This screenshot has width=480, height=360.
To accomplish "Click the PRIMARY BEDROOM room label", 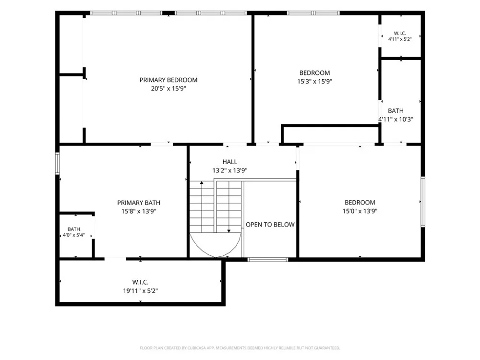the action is pyautogui.click(x=168, y=80).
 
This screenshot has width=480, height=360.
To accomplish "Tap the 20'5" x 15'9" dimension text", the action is pyautogui.click(x=168, y=88).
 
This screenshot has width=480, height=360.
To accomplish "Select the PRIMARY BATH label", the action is pyautogui.click(x=139, y=203).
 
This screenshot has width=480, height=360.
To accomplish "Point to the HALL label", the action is pyautogui.click(x=229, y=162).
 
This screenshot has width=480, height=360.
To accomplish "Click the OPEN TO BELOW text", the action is pyautogui.click(x=270, y=225).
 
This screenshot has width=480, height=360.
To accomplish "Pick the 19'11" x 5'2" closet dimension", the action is pyautogui.click(x=140, y=290).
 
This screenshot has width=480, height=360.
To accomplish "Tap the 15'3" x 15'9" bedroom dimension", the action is pyautogui.click(x=315, y=81).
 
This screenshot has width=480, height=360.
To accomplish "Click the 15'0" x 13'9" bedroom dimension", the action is pyautogui.click(x=360, y=211).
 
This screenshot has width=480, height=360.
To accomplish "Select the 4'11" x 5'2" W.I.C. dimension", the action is pyautogui.click(x=400, y=39).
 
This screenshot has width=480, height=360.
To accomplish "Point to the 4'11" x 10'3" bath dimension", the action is pyautogui.click(x=396, y=120).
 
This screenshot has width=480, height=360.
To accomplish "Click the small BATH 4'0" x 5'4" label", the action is pyautogui.click(x=74, y=232).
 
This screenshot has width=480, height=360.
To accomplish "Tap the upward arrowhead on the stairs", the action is pyautogui.click(x=202, y=183).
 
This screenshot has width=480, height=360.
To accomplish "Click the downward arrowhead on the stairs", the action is pyautogui.click(x=228, y=231).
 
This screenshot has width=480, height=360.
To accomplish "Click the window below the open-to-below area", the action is pyautogui.click(x=267, y=260).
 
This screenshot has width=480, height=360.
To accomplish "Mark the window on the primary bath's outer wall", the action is pyautogui.click(x=57, y=164).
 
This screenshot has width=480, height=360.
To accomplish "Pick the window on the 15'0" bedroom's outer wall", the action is pyautogui.click(x=423, y=202).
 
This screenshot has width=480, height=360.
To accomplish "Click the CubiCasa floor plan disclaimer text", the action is pyautogui.click(x=240, y=348).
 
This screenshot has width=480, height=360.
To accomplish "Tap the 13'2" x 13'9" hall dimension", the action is pyautogui.click(x=229, y=170).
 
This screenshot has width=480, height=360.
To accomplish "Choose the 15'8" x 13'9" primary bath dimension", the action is pyautogui.click(x=139, y=211).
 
